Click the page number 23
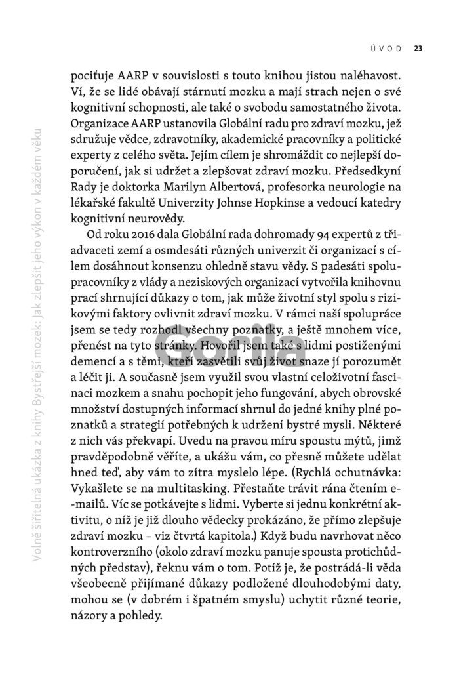coord(418,47)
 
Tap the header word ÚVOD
coord(389,47)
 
